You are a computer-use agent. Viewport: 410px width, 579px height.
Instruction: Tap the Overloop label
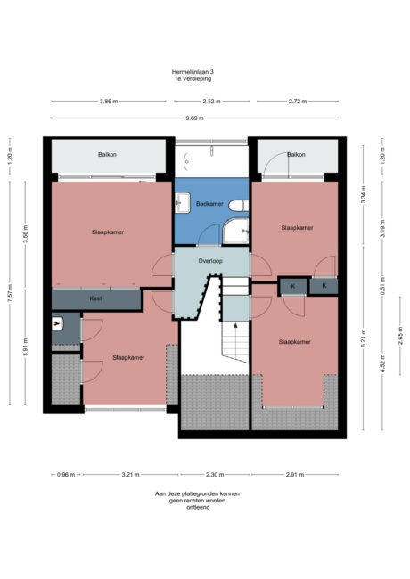click(x=209, y=262)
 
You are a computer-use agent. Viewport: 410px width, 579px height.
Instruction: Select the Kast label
click(x=95, y=298)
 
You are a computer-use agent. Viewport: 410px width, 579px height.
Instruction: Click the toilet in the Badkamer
click(x=237, y=207)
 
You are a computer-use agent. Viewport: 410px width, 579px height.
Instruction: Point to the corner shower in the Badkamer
click(x=236, y=232)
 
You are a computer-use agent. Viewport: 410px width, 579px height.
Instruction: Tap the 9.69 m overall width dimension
click(x=194, y=118)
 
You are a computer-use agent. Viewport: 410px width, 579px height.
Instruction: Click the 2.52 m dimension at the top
click(x=211, y=102)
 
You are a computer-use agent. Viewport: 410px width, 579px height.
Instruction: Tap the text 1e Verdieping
click(x=193, y=79)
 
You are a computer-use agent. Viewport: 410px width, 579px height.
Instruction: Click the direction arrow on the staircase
click(x=234, y=343)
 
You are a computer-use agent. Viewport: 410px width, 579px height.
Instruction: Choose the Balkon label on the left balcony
click(x=108, y=155)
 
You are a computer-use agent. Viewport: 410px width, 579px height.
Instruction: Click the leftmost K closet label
click(x=292, y=286)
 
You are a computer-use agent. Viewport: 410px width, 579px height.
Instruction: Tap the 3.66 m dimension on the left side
click(x=27, y=237)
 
